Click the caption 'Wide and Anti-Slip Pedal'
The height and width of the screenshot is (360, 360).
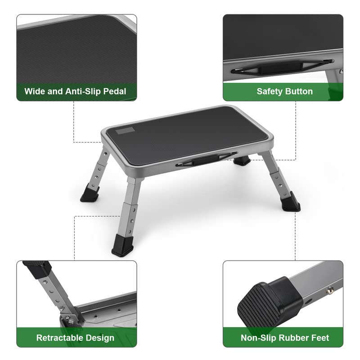point(75,92)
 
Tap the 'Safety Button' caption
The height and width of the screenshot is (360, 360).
point(284,91)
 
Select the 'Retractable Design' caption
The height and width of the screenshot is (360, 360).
point(75,337)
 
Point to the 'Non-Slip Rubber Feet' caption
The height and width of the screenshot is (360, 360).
point(285,337)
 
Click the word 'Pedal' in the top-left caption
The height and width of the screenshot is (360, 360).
point(114,92)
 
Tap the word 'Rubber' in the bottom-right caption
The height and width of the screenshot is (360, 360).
point(291,337)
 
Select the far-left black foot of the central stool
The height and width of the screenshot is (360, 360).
point(90,194)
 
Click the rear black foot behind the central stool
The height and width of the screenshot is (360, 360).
point(242,160)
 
